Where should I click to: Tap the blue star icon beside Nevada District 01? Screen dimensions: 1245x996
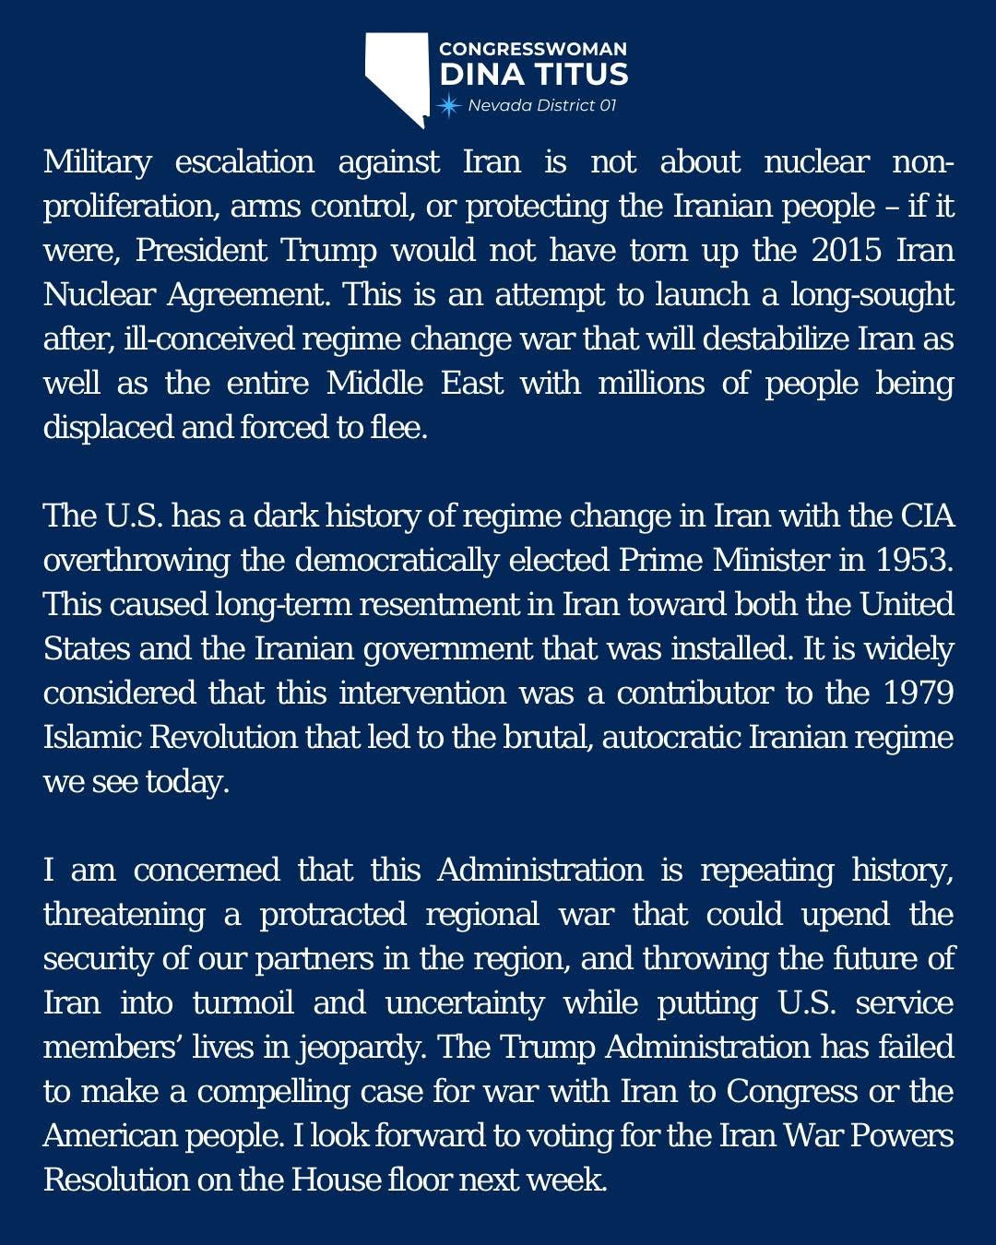pos(449,105)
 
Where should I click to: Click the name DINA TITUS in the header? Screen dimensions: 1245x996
pos(533,75)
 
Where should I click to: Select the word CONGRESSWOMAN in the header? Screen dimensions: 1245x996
pos(532,49)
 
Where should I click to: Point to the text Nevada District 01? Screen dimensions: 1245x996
pos(541,105)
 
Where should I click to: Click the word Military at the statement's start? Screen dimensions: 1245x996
pos(97,162)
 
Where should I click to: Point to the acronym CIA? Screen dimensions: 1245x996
pos(927,516)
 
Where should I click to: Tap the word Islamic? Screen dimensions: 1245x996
pos(92,738)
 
